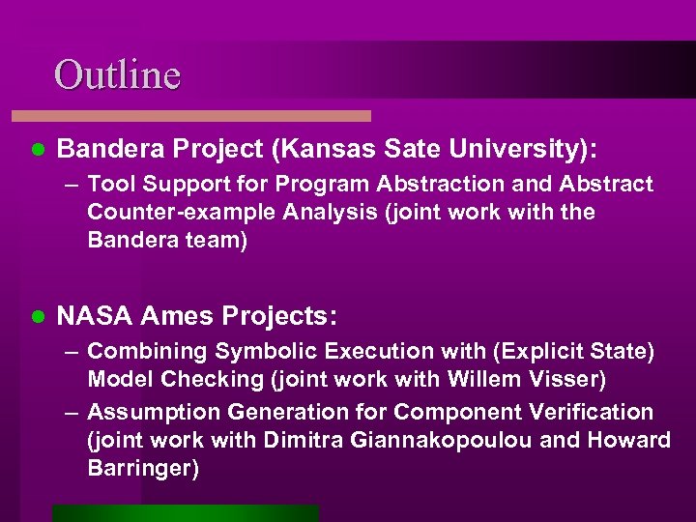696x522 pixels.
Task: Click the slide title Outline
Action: pos(117,74)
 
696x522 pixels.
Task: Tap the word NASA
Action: pos(96,315)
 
